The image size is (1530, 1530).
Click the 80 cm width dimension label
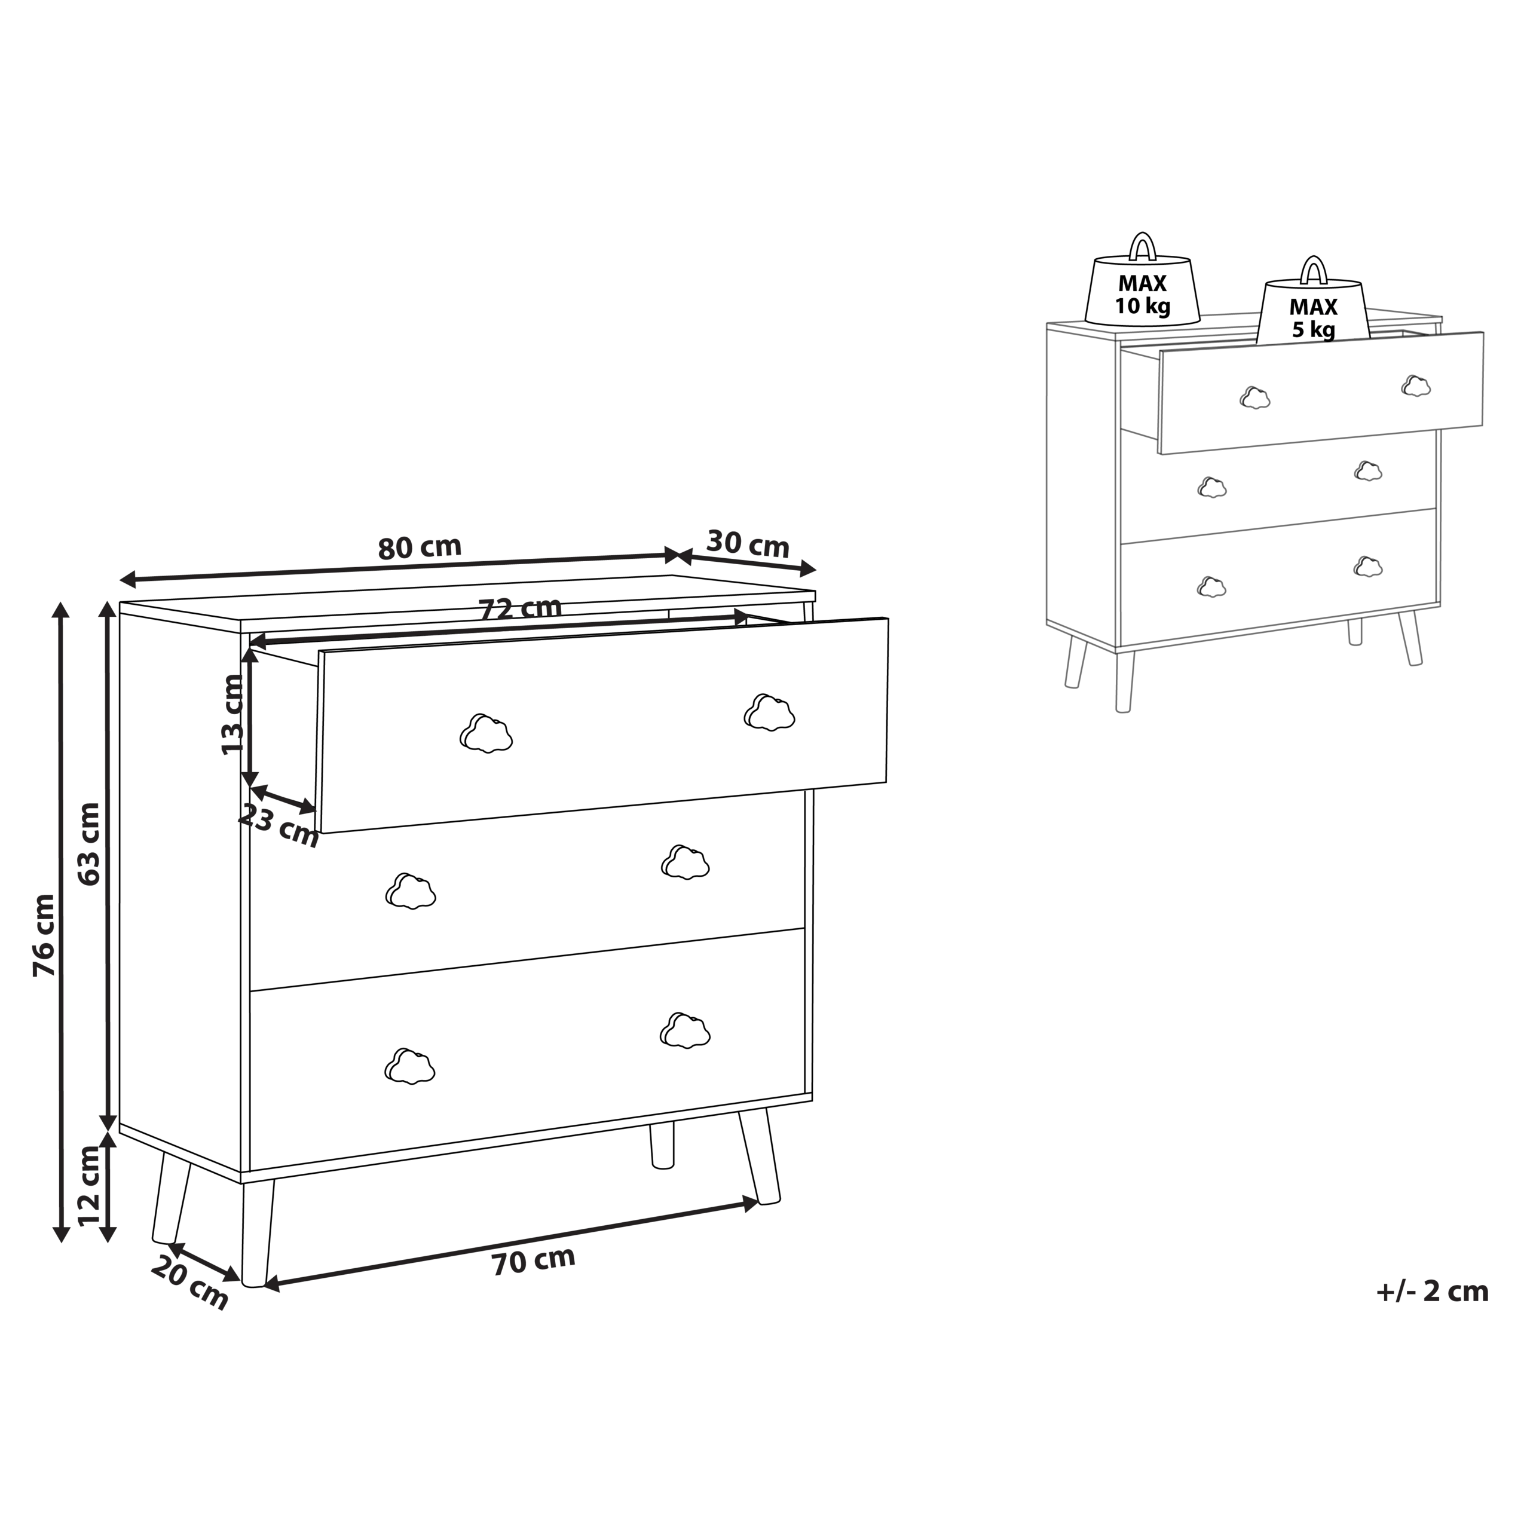[420, 548]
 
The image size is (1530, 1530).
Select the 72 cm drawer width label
[521, 609]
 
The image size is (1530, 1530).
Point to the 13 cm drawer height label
[232, 714]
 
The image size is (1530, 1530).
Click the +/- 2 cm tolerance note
[1433, 1292]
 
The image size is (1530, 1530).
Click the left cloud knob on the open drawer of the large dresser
[486, 733]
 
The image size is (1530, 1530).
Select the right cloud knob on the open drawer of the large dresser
[769, 712]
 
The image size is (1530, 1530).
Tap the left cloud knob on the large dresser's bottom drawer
[409, 1066]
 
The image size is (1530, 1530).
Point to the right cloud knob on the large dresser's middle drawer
[685, 862]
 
